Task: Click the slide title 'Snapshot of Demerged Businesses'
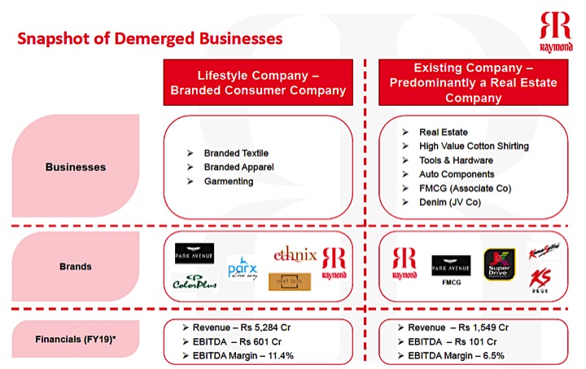tap(151, 38)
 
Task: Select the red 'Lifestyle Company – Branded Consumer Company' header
tap(259, 82)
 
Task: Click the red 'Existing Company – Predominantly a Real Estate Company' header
tap(473, 81)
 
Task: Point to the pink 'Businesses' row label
tap(75, 167)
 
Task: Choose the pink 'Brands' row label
tap(75, 266)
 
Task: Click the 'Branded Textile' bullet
tap(236, 152)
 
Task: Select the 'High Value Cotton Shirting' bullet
tap(474, 146)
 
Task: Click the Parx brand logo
tap(242, 268)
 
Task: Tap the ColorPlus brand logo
tap(195, 283)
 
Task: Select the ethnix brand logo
tap(295, 255)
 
